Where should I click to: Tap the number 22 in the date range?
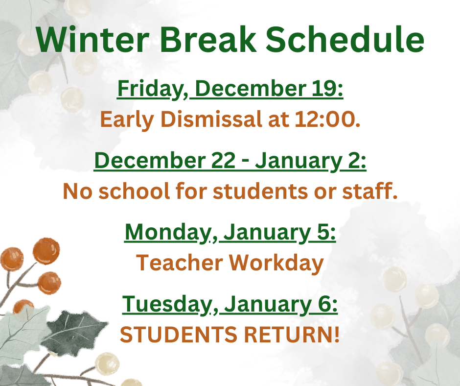coord(221,161)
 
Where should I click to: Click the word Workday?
coord(276,263)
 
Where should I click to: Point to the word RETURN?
coord(294,335)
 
